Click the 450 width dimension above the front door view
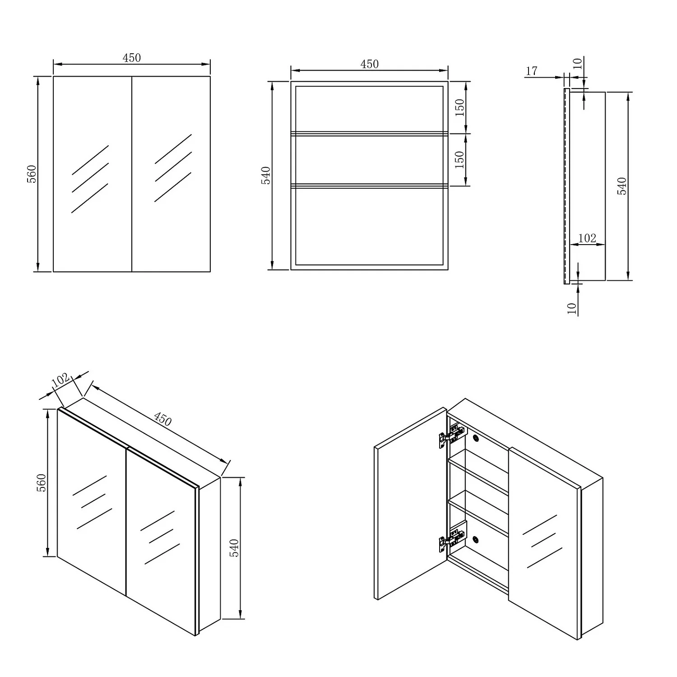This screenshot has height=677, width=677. pyautogui.click(x=131, y=58)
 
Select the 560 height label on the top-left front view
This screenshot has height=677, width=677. pyautogui.click(x=32, y=174)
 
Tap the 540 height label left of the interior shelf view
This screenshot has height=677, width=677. pyautogui.click(x=266, y=175)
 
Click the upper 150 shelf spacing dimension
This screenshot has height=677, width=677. pyautogui.click(x=459, y=107)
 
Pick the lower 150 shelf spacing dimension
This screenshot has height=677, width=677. pyautogui.click(x=459, y=159)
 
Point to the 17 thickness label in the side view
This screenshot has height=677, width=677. pyautogui.click(x=532, y=71)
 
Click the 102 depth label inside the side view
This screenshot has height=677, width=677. pyautogui.click(x=587, y=238)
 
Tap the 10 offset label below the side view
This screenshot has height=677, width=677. pyautogui.click(x=572, y=308)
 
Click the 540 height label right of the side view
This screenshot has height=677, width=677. pyautogui.click(x=622, y=186)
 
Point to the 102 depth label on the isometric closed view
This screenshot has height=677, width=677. pyautogui.click(x=60, y=380)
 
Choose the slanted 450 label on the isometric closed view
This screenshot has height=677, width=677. pyautogui.click(x=162, y=419)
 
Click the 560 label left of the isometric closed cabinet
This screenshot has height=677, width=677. pyautogui.click(x=41, y=482)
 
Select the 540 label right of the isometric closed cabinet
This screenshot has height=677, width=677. pyautogui.click(x=234, y=547)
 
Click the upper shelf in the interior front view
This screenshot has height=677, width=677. pyautogui.click(x=369, y=133)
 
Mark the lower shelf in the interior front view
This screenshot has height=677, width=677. pyautogui.click(x=369, y=185)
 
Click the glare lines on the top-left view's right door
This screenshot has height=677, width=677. pyautogui.click(x=173, y=168)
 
